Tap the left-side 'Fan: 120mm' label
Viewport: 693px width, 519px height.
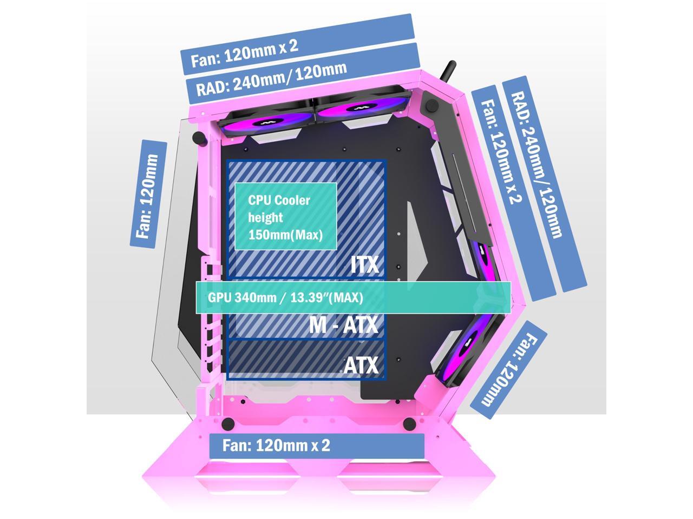pos(148,194)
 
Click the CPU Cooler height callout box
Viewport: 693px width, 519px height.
pos(285,216)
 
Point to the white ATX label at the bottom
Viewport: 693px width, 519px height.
pos(361,365)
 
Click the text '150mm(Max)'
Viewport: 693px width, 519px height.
pos(285,235)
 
